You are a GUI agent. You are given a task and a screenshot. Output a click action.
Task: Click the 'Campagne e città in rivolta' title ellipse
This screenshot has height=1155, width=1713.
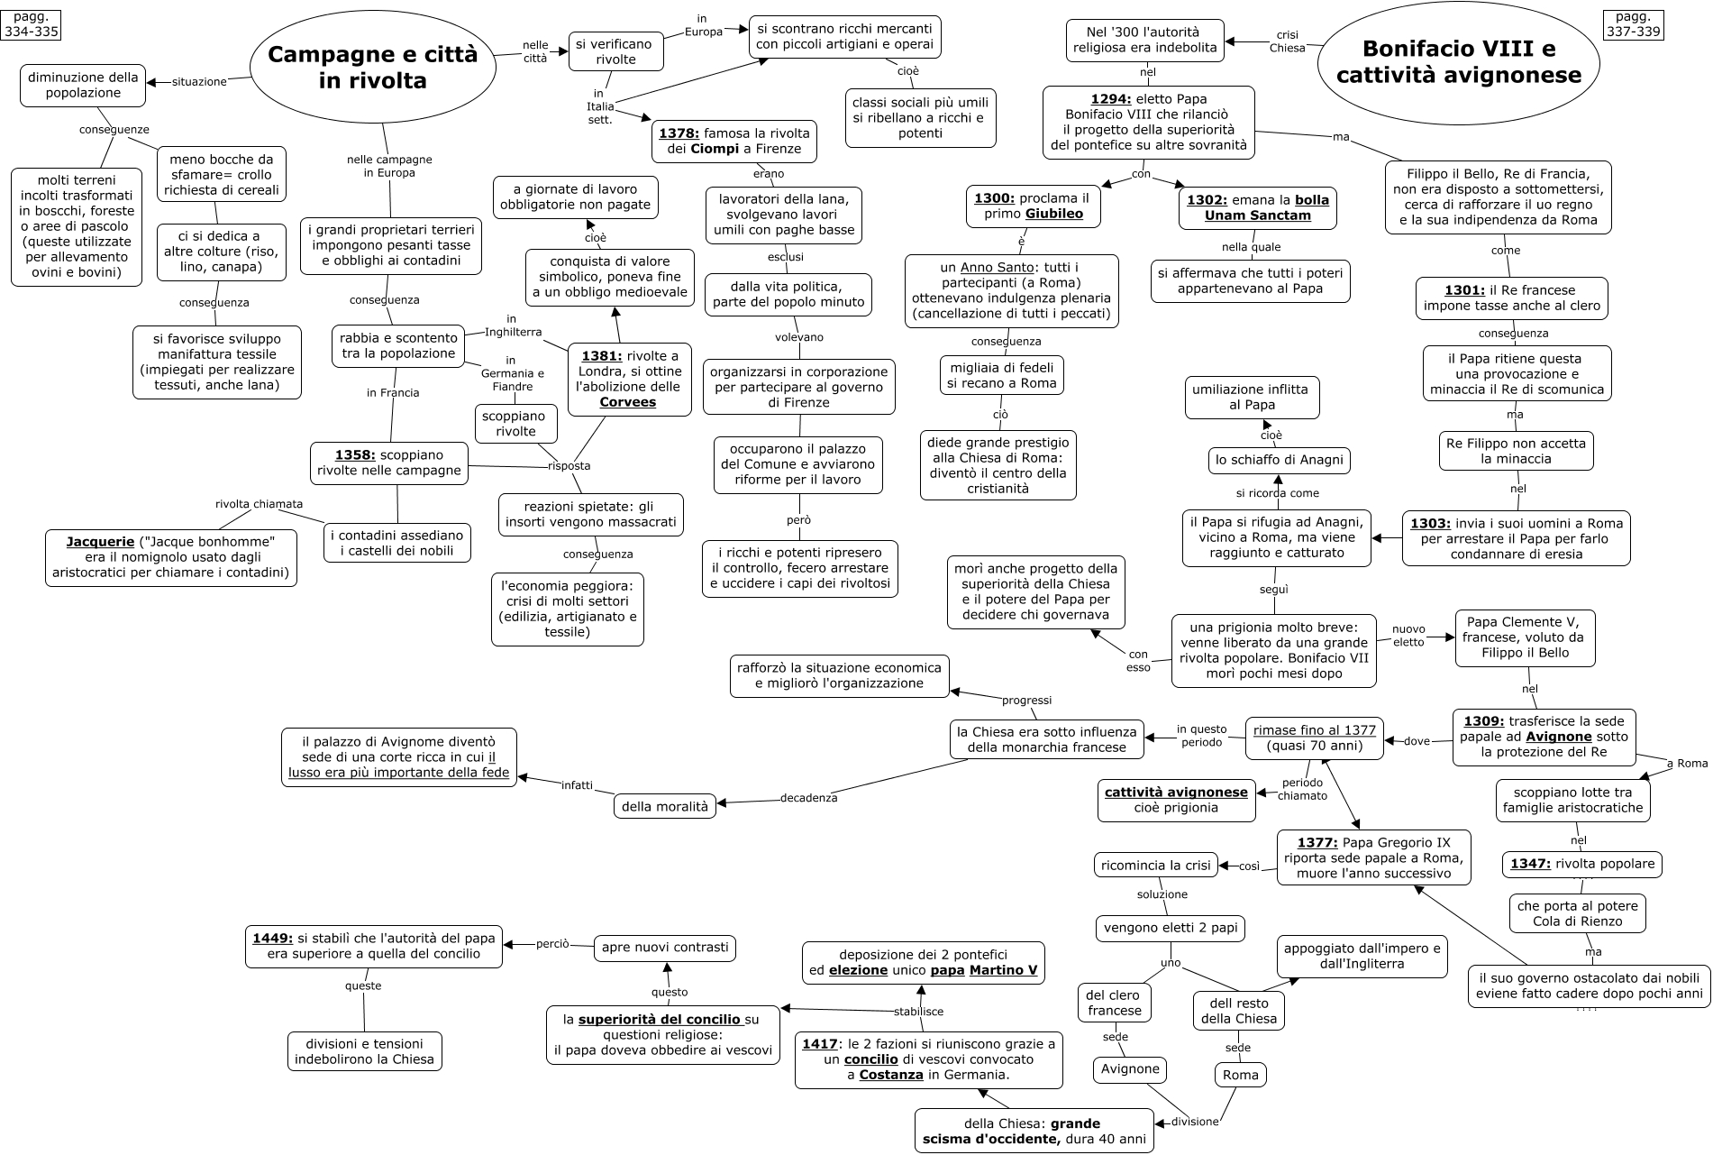tap(372, 68)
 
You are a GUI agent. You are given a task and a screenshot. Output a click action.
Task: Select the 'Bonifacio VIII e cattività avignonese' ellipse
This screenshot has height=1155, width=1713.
tap(1458, 61)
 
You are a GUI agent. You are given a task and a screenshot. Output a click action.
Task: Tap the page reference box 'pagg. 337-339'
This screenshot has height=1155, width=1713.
tap(1633, 23)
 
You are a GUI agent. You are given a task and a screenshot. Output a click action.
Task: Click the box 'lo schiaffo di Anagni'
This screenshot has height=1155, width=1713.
tap(1279, 460)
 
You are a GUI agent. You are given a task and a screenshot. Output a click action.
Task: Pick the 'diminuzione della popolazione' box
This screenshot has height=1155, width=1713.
tap(83, 85)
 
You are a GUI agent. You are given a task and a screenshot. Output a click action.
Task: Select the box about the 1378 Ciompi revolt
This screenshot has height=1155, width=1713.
tap(734, 141)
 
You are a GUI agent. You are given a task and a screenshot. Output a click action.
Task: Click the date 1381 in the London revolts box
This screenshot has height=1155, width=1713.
tap(601, 355)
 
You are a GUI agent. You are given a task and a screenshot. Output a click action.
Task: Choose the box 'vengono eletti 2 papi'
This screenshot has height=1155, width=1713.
tap(1171, 927)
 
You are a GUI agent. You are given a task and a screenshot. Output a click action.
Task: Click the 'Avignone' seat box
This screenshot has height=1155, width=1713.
tap(1131, 1069)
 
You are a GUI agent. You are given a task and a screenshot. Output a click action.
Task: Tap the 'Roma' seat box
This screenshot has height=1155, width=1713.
tap(1241, 1075)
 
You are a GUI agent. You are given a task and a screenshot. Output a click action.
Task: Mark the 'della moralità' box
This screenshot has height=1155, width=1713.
tap(665, 806)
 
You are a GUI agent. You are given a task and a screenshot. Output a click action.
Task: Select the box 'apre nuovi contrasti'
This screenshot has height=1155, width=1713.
tap(665, 948)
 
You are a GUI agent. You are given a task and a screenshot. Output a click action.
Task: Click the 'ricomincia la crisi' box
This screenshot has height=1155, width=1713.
tap(1155, 865)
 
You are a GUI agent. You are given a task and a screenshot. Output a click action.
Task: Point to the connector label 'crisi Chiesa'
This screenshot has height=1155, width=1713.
tap(1287, 41)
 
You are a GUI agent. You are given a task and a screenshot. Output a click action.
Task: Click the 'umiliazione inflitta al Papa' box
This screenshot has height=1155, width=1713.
tap(1251, 397)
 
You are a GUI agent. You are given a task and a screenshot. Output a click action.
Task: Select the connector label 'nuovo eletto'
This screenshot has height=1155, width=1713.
tap(1408, 636)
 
